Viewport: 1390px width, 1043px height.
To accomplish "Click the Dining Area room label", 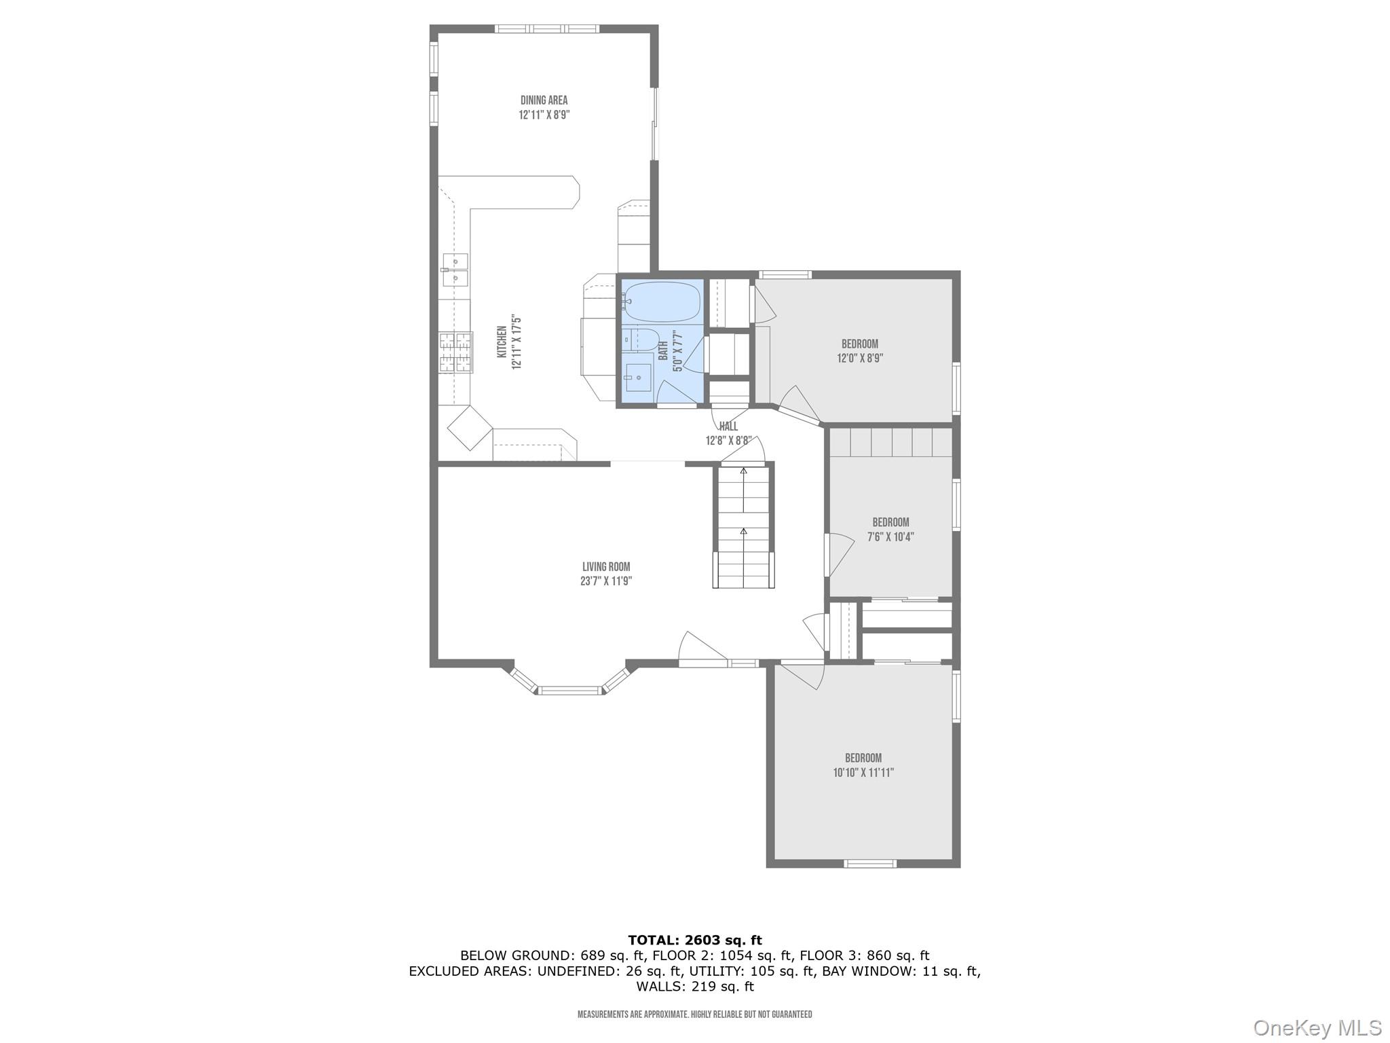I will (544, 100).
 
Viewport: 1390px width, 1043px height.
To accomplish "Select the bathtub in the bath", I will (661, 301).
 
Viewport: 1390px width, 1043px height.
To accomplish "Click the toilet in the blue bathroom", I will (640, 340).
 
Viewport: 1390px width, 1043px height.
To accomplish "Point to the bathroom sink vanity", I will (638, 378).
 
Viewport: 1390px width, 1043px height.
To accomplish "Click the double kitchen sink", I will (454, 269).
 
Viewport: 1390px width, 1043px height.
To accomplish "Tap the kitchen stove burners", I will (455, 352).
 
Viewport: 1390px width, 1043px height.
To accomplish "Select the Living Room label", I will (606, 567).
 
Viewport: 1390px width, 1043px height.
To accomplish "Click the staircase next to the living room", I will (743, 526).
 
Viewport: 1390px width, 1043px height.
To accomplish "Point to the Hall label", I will (728, 426).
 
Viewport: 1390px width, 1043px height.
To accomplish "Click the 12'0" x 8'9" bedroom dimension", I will (859, 359).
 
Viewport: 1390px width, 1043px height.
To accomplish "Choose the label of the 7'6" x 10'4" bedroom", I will (890, 522).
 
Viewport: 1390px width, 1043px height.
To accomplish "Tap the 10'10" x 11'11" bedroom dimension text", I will (863, 772).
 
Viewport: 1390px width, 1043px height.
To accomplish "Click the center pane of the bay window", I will (570, 691).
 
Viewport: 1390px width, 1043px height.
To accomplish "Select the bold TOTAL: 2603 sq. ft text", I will (694, 940).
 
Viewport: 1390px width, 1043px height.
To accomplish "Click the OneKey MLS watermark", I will (1317, 1027).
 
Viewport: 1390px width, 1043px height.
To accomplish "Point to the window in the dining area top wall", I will (546, 29).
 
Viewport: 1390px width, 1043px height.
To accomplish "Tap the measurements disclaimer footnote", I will (694, 1014).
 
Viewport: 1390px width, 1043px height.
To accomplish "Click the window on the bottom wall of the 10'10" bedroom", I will (869, 864).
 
